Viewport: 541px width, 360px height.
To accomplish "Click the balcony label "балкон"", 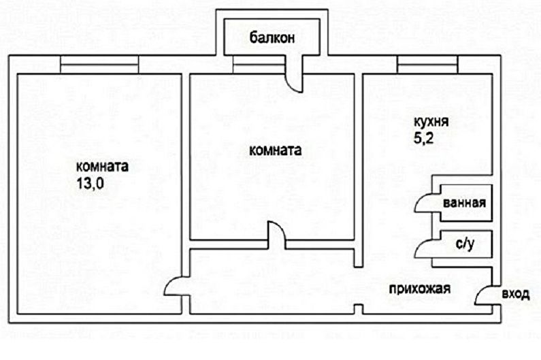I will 272,38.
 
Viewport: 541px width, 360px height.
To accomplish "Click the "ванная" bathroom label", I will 463,203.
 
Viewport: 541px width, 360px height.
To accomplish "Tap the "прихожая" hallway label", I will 420,289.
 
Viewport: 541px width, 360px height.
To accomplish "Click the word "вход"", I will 515,294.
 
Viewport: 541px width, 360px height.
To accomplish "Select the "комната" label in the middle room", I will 275,150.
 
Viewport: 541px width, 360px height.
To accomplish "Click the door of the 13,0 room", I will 175,287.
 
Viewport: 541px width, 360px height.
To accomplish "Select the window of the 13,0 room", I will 99,64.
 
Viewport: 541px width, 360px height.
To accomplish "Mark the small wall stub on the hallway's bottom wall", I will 357,310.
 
